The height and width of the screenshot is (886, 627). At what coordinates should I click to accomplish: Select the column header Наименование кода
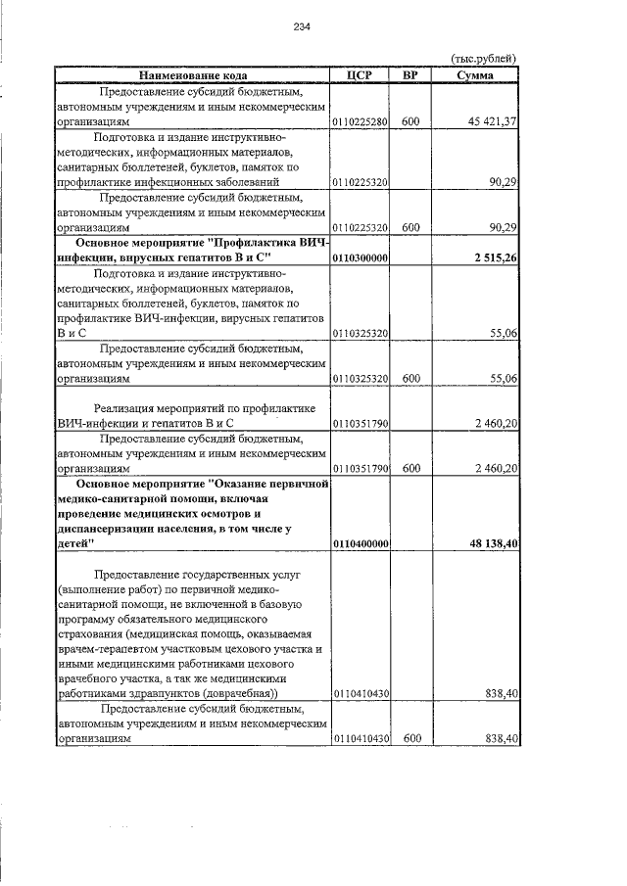pyautogui.click(x=193, y=75)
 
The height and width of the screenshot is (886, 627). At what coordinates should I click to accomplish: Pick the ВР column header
pyautogui.click(x=410, y=75)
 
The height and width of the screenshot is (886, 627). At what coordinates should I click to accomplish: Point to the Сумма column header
pyautogui.click(x=475, y=75)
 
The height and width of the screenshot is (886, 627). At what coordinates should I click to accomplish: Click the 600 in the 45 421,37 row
pyautogui.click(x=410, y=121)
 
